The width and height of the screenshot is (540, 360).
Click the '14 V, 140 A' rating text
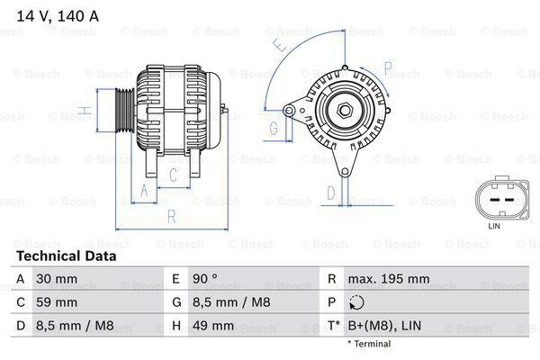pyautogui.click(x=56, y=13)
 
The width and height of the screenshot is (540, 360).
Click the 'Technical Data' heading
pyautogui.click(x=67, y=256)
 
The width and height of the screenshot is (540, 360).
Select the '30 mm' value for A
pyautogui.click(x=56, y=279)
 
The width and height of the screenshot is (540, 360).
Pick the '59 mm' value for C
pyautogui.click(x=56, y=301)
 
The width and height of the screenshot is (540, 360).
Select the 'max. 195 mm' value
pyautogui.click(x=388, y=279)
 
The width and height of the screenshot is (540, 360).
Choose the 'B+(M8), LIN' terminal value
pyautogui.click(x=385, y=325)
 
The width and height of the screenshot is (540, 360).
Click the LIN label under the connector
pyautogui.click(x=494, y=225)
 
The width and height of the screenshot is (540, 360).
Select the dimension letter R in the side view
pyautogui.click(x=171, y=217)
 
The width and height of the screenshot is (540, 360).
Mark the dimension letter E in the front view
pyautogui.click(x=280, y=43)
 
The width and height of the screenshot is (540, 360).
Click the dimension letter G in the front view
pyautogui.click(x=274, y=128)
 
